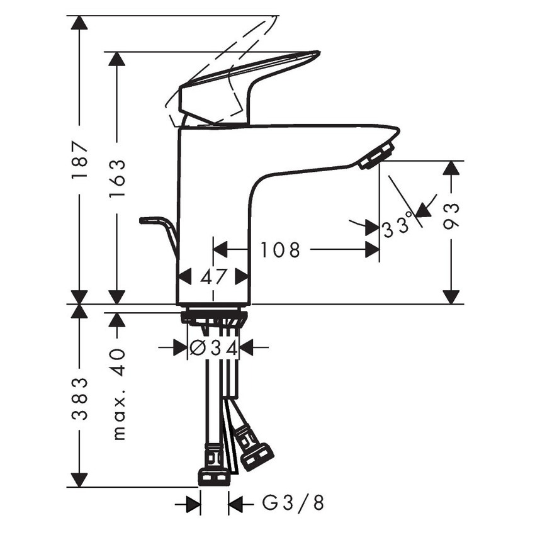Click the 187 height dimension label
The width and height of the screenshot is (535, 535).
tap(80, 160)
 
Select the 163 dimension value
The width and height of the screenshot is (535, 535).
tap(116, 179)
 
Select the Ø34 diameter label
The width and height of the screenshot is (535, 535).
tap(214, 347)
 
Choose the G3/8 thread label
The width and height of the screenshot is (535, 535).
tap(293, 503)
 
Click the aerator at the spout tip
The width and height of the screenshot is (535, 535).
tap(376, 155)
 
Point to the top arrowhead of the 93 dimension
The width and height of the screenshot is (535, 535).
tap(451, 167)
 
